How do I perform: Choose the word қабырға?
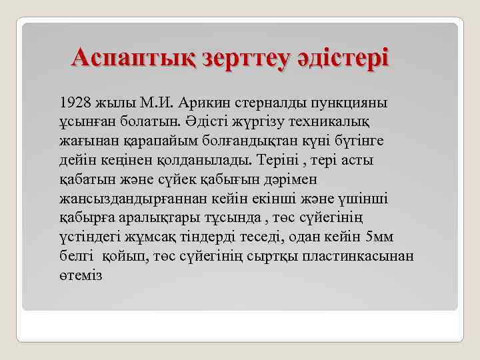tap(83, 219)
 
